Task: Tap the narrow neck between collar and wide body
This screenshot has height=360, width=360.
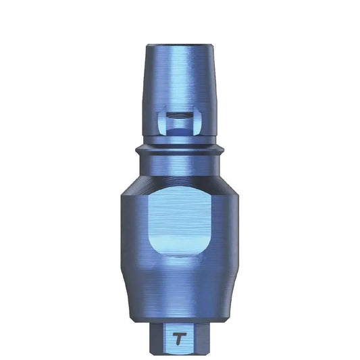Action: point(180,166)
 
